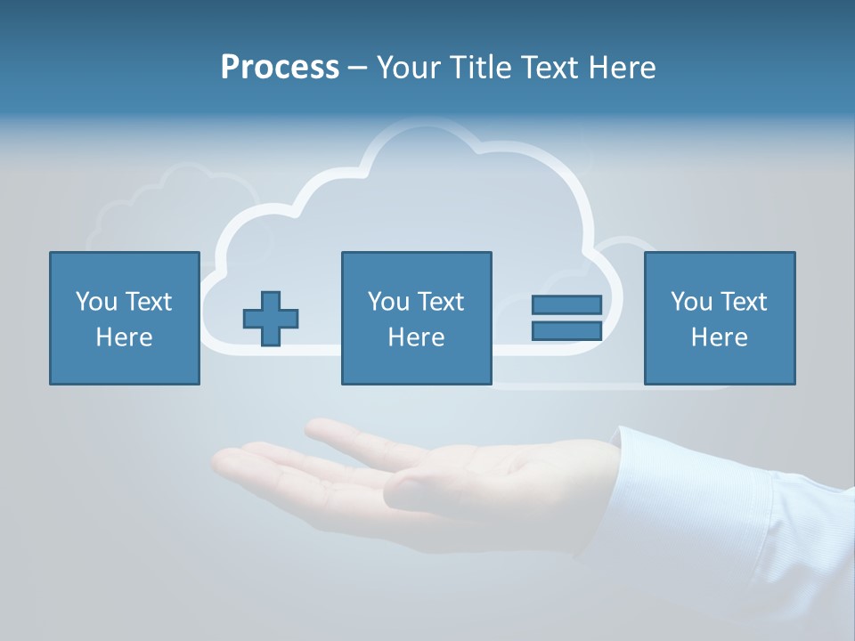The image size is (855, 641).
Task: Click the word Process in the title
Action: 280,68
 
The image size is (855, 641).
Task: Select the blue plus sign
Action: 271,318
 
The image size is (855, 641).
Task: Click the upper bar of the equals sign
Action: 566,304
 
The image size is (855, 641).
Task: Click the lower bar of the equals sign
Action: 566,330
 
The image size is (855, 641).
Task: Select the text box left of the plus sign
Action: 125,318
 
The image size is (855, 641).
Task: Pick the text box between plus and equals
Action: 416,318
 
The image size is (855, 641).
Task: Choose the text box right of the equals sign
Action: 719,318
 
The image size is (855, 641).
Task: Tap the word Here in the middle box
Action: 416,337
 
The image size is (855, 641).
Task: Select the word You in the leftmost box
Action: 96,302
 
